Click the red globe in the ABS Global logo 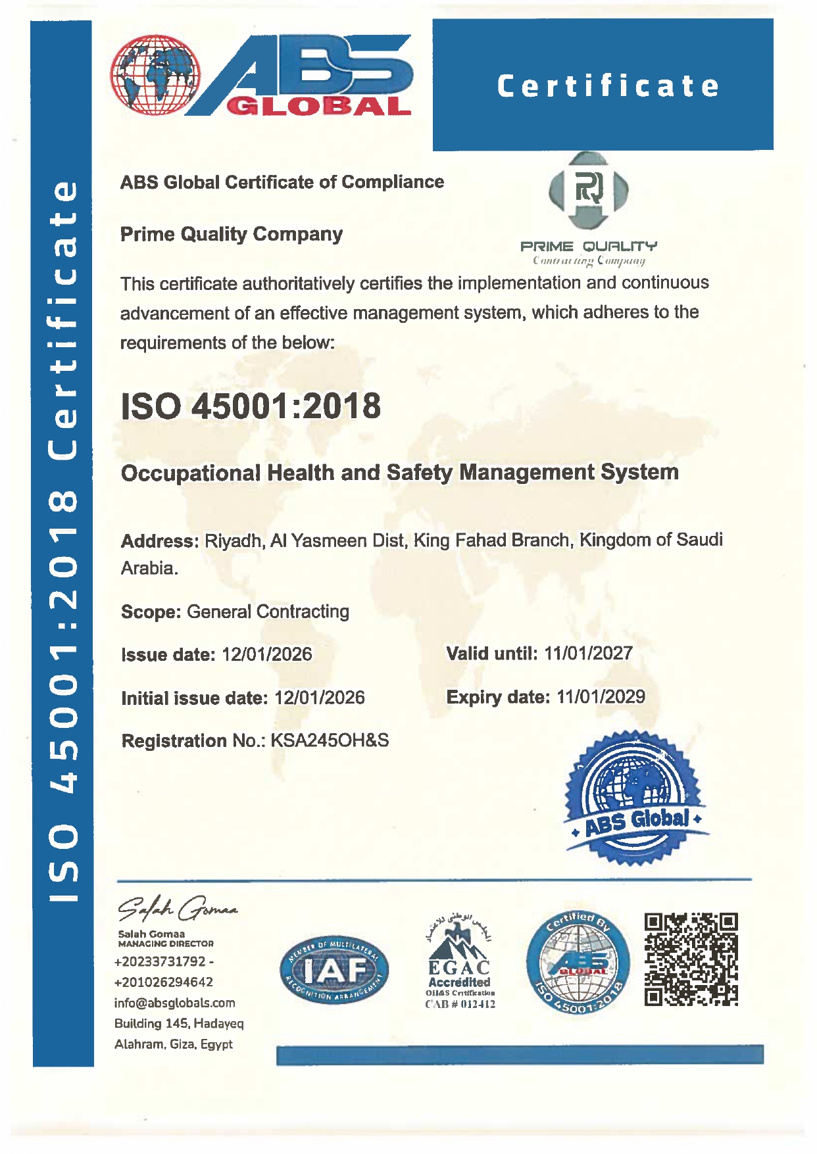point(155,74)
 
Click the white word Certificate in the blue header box point(608,86)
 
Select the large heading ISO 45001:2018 point(251,406)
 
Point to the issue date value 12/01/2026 point(267,654)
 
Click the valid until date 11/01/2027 point(588,654)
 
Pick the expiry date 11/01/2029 point(601,697)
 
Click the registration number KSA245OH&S point(330,740)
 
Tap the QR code point(691,959)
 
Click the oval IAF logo point(334,970)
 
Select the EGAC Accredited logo point(460,963)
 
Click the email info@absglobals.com point(174,1003)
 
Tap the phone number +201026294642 point(163,982)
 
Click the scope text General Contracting point(268,612)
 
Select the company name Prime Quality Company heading point(231,234)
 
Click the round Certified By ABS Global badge point(578,963)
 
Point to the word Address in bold point(159,541)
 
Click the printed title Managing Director point(166,944)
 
